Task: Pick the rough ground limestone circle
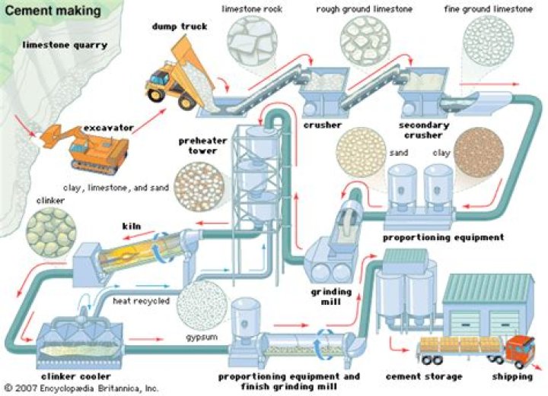[x=365, y=38]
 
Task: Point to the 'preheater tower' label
[x=201, y=145]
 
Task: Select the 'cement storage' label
[x=424, y=376]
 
